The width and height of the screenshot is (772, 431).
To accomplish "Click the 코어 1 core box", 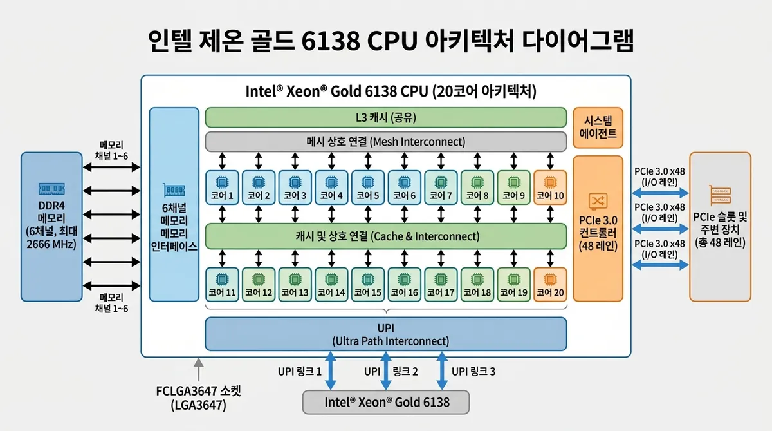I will pyautogui.click(x=221, y=187).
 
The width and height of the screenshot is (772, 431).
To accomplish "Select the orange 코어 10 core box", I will pyautogui.click(x=550, y=187).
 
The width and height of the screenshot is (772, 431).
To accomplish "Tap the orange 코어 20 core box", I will pyautogui.click(x=550, y=284).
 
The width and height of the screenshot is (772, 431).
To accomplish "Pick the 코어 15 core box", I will pyautogui.click(x=367, y=284).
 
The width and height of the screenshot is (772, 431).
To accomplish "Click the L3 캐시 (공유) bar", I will pyautogui.click(x=385, y=117).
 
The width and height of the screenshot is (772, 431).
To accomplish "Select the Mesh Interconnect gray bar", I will pyautogui.click(x=385, y=141).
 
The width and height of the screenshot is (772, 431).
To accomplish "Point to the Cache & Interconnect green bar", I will pyautogui.click(x=385, y=236).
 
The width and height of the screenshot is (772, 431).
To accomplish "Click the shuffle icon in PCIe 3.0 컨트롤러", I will pyautogui.click(x=598, y=201).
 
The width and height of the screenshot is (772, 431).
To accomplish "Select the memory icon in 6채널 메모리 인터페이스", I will pyautogui.click(x=174, y=191).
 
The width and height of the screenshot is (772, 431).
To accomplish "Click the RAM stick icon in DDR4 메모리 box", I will pyautogui.click(x=51, y=187).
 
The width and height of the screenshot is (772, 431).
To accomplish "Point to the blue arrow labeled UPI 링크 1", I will pyautogui.click(x=331, y=370).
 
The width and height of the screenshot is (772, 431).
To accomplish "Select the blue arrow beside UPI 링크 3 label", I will pyautogui.click(x=442, y=370).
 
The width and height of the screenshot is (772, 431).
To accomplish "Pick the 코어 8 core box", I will pyautogui.click(x=477, y=187).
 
